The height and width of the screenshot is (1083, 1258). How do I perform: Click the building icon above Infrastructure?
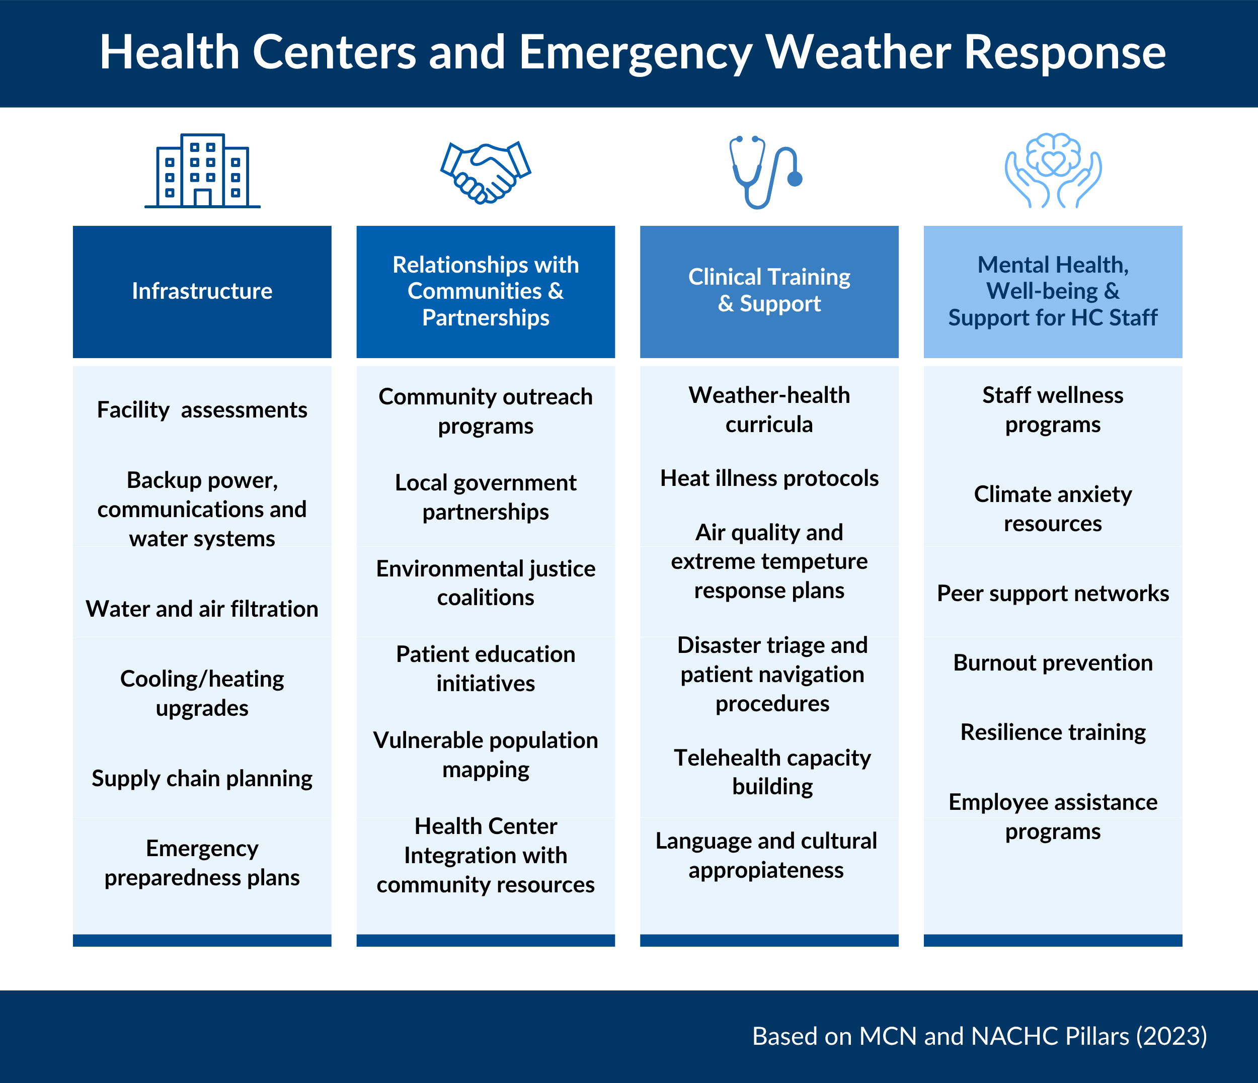coord(202,171)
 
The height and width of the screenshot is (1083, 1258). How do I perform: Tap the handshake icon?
coord(486,173)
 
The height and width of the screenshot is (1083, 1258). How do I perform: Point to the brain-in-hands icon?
coord(1053,171)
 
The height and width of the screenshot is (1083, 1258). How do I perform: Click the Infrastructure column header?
coord(202,291)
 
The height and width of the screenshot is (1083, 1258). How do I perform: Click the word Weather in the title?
coord(858,52)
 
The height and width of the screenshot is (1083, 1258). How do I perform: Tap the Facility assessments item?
coord(202,410)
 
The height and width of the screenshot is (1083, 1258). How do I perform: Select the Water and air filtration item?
coord(202,609)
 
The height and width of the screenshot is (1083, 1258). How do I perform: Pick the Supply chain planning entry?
coord(202,779)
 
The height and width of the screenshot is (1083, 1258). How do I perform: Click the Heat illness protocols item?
coord(769,479)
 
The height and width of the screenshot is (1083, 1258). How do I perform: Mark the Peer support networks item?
coord(1053,594)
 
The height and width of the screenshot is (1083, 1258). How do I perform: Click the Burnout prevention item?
coord(1053,663)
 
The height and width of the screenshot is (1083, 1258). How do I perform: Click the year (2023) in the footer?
coord(1172,1036)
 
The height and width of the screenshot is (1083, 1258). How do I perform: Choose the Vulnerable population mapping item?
coord(486,755)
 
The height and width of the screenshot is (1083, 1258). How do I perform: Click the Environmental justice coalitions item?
coord(486,584)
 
